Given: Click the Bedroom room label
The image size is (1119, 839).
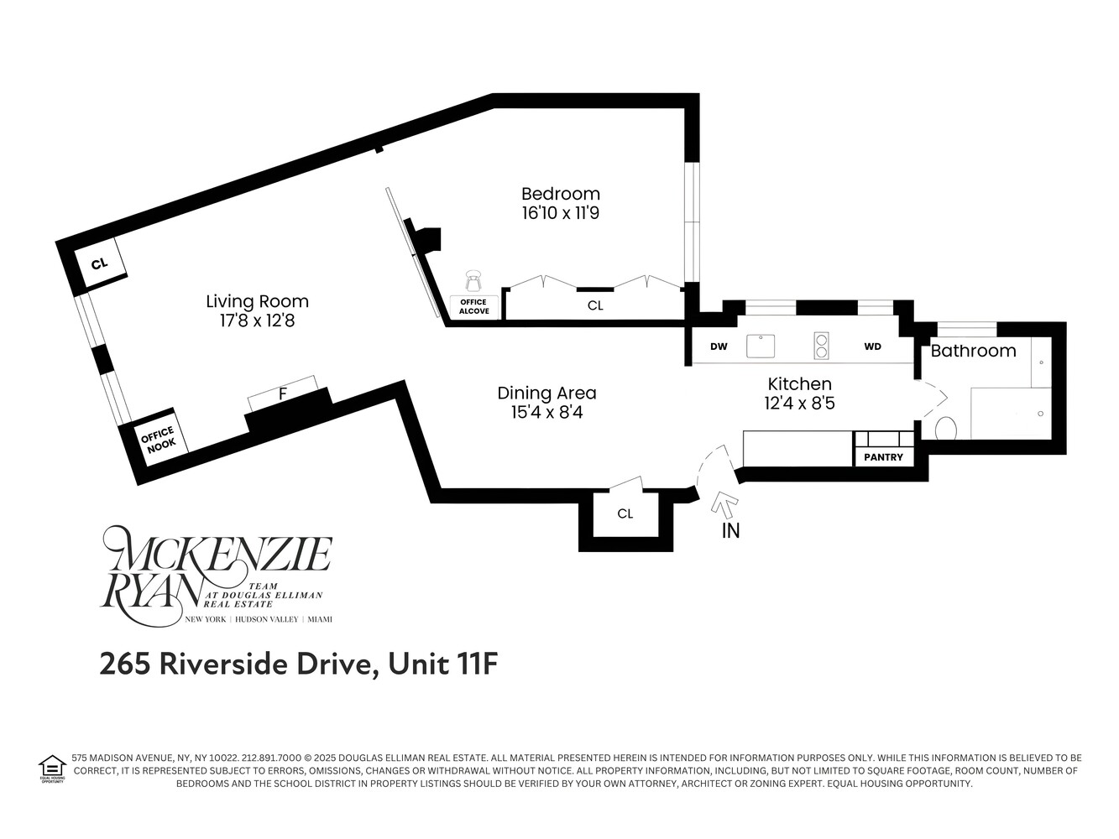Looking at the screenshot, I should tap(560, 194).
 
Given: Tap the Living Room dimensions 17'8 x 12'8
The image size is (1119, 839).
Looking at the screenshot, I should tap(257, 320).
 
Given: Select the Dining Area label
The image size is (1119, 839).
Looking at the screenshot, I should tap(546, 393).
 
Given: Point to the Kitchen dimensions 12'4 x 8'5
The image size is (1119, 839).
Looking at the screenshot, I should tap(799, 404).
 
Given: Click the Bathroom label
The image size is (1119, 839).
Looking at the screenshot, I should tap(973, 351).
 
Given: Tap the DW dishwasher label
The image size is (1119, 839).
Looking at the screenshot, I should tap(719, 347).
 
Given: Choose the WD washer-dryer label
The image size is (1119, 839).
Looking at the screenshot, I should tap(872, 347).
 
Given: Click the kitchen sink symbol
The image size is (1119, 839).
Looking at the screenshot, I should tap(761, 346).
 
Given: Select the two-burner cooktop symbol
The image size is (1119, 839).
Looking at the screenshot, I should tap(821, 346).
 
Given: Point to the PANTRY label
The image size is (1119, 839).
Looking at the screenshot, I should tap(883, 457).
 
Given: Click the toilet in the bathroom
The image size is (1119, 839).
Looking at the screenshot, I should tap(945, 429).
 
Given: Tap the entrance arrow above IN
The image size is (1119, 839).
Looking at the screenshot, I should tap(724, 505).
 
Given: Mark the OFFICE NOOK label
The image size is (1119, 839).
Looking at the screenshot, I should tap(157, 440).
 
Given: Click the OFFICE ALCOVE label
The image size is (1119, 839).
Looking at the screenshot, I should tap(474, 307).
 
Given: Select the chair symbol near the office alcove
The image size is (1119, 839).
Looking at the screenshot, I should tap(474, 280).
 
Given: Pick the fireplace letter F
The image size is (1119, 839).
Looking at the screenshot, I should tap(283, 393).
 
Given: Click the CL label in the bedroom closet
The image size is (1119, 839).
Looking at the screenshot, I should tap(595, 306).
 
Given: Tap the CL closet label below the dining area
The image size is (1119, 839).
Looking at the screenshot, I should tap(625, 513).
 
